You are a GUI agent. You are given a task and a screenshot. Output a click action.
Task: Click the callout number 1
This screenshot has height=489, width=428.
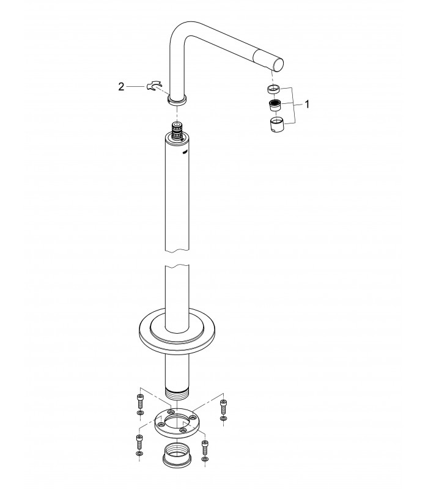coord(307,104)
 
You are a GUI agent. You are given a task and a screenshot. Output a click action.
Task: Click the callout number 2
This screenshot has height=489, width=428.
coord(121,87)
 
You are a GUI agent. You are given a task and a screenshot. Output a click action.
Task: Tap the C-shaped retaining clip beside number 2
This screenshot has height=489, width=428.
coord(154,86)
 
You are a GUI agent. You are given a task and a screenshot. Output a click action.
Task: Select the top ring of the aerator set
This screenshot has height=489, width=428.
coord(273,89)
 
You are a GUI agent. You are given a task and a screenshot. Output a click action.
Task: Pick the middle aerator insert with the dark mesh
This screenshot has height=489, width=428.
coord(275,105)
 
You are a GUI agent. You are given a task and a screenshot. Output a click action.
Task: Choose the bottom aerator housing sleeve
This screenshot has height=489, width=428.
coord(276,125)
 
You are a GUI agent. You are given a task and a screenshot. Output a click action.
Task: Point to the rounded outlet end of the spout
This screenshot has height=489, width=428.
coord(278,65)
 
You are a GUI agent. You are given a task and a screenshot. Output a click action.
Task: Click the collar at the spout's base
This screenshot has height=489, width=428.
coord(177,100)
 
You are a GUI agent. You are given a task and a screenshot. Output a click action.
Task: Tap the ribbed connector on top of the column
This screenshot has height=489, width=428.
coord(177,128)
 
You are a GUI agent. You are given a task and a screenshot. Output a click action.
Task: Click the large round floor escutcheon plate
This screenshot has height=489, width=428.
coord(177,331)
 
